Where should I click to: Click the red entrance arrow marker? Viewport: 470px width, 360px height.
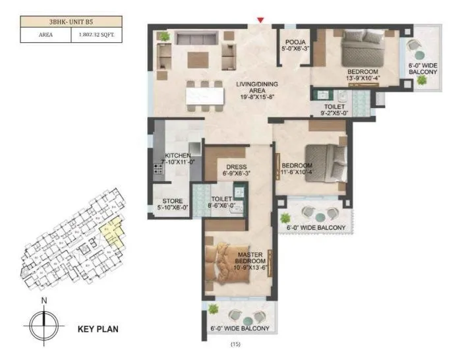point(261,21)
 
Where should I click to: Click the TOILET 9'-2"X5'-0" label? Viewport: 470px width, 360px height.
point(333,109)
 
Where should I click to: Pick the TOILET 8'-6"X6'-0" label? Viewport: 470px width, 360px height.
point(221,202)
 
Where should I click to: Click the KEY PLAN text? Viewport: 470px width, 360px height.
point(98,327)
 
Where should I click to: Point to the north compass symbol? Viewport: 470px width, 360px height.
point(44,322)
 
